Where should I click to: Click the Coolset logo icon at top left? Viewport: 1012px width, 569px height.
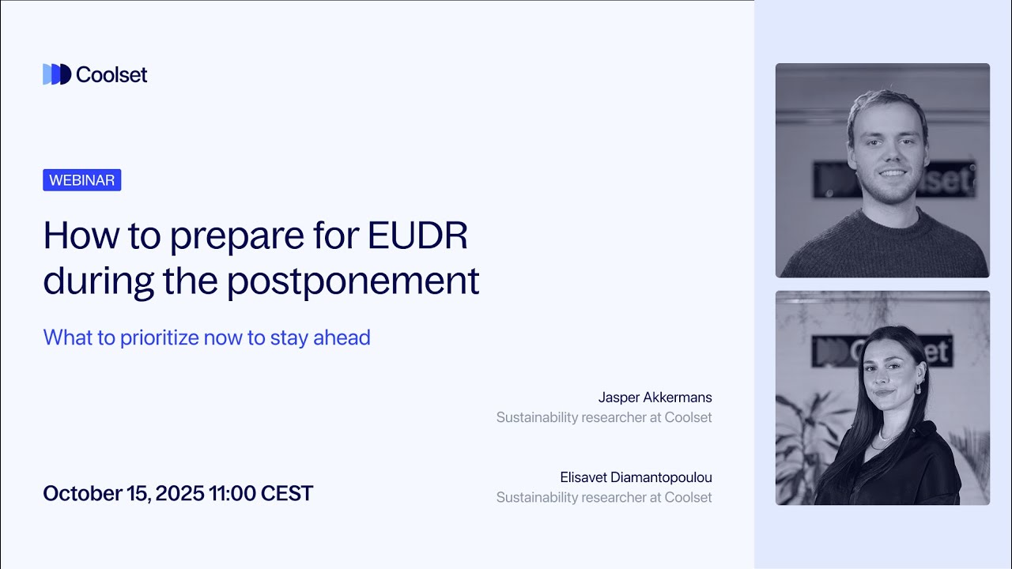coord(57,74)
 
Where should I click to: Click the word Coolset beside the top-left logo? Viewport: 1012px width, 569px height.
coord(111,74)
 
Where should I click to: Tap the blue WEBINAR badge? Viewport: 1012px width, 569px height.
coord(82,180)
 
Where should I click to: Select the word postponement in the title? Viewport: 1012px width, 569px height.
coord(353,281)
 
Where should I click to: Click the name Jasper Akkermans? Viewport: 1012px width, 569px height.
coord(655,397)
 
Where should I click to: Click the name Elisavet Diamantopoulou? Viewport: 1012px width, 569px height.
coord(636,477)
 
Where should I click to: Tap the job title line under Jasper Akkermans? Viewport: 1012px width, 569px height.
coord(604,416)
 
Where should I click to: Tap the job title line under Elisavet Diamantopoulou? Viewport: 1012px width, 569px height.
coord(604,497)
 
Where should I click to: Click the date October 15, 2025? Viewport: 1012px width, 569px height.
coord(123,494)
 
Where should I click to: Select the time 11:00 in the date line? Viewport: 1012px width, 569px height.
coord(232,494)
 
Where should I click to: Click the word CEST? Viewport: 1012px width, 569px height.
coord(287,494)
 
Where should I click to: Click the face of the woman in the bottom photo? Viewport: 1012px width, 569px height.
coord(892,371)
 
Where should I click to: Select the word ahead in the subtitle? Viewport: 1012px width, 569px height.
coord(342,337)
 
